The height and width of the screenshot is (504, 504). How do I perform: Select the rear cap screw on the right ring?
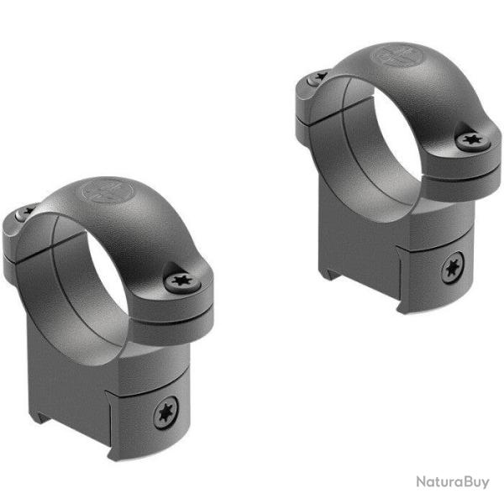point(317,76)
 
